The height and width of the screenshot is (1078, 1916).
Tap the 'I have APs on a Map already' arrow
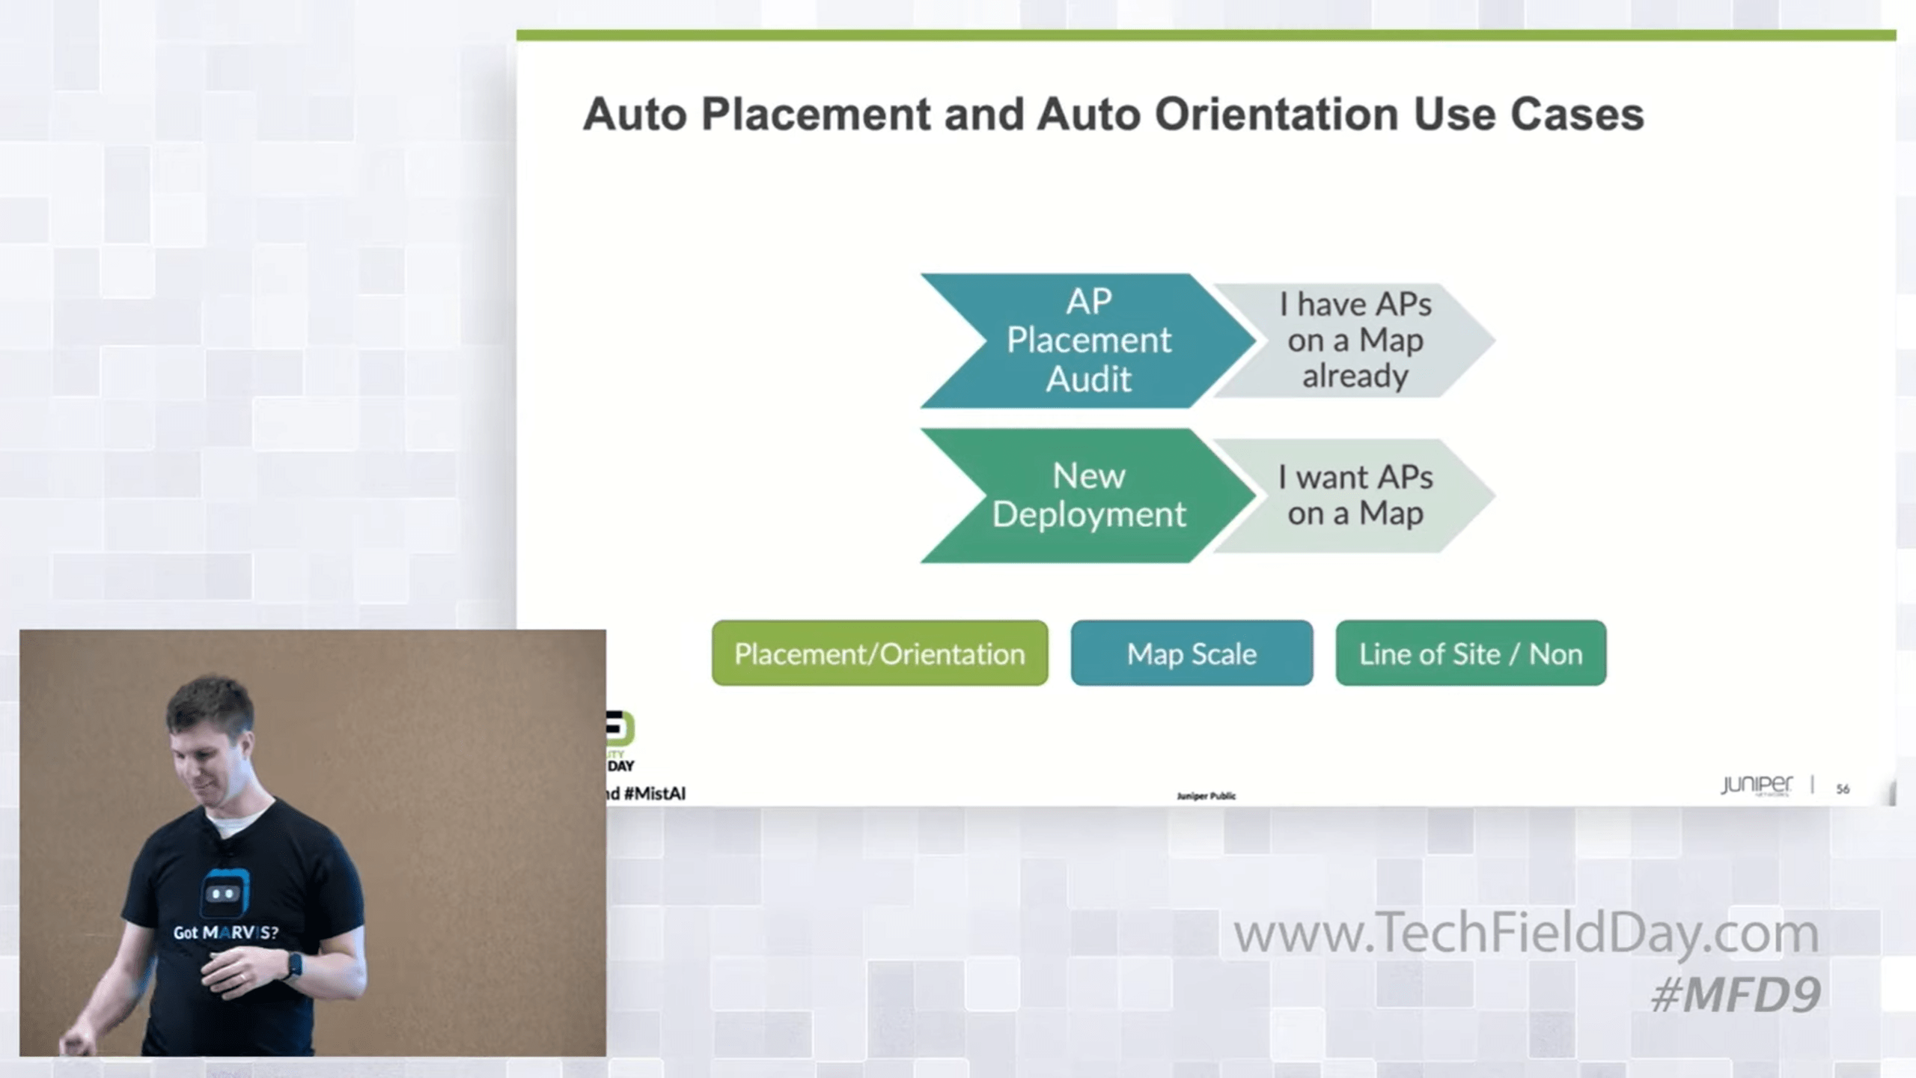click(1355, 341)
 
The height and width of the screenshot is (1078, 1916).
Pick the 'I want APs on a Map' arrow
click(1355, 496)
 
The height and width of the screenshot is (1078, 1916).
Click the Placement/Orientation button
click(879, 654)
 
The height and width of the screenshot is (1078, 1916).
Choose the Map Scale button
click(1192, 654)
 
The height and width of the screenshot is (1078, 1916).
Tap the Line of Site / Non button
click(1471, 654)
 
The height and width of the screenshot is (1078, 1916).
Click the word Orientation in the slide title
click(1276, 115)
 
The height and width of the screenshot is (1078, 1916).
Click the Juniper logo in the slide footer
click(1756, 785)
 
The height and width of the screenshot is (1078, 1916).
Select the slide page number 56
click(1843, 789)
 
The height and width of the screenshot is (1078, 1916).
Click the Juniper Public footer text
click(1206, 796)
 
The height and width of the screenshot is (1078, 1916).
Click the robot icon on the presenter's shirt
click(224, 892)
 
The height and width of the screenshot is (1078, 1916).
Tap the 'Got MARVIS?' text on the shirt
click(225, 933)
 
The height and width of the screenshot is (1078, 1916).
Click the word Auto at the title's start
click(635, 115)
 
